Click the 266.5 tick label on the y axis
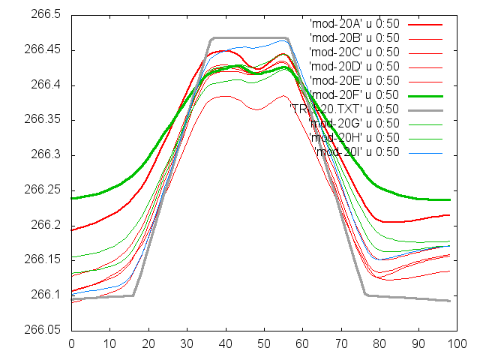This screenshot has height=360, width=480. (43, 15)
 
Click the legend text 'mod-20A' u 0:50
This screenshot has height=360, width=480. (354, 23)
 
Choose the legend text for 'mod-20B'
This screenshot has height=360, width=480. (354, 37)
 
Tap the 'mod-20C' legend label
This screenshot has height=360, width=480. (354, 52)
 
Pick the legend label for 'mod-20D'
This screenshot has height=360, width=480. (354, 66)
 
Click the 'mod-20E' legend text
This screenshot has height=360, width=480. (354, 80)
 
